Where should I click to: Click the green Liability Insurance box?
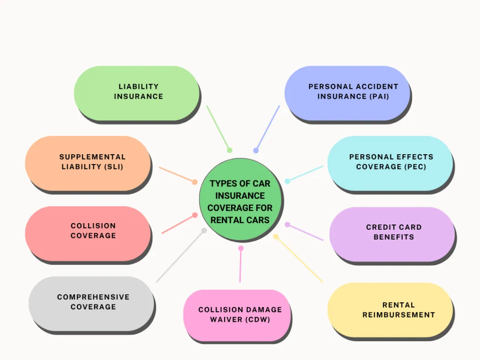point(137,93)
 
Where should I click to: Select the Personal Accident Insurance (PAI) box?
point(347,93)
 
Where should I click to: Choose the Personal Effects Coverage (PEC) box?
point(390,163)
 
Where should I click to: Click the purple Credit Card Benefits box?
point(392,233)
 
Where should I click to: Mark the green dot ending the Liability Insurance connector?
point(229,150)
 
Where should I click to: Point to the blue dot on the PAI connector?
point(256,151)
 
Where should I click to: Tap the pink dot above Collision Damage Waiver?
point(241,248)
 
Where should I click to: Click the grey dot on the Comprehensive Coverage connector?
point(204,231)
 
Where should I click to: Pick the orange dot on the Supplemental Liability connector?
point(195,182)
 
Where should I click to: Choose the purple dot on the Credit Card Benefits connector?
point(288,224)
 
